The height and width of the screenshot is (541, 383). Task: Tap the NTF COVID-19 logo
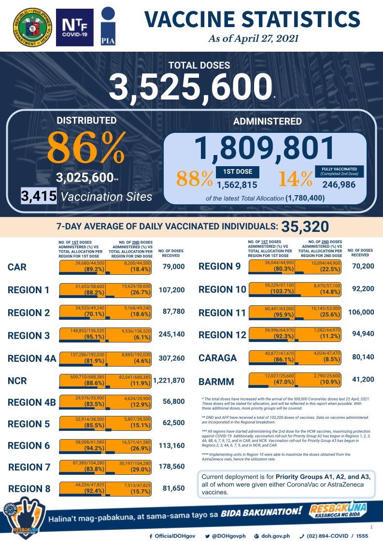74,28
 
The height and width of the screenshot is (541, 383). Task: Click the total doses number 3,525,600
189,87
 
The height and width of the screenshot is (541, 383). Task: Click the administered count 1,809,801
265,148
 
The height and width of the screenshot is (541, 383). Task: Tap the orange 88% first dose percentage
194,179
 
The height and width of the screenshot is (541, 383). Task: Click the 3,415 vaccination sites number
40,197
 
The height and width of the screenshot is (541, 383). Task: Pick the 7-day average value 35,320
305,226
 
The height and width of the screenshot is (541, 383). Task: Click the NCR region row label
18,381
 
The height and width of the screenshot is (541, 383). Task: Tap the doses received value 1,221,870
169,381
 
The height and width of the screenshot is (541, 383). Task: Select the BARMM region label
217,382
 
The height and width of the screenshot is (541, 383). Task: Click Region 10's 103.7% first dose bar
272,289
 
